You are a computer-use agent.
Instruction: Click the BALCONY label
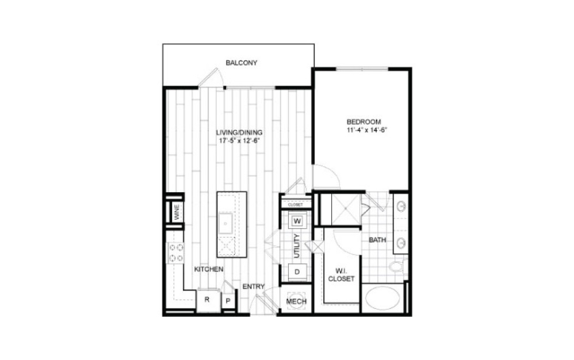tap(241, 63)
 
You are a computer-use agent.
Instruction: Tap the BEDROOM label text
tap(363, 122)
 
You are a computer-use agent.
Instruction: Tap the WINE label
tap(177, 212)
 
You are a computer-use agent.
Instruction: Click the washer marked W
tap(298, 220)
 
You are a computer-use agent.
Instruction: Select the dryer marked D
tap(298, 271)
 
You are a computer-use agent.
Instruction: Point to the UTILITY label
tap(297, 246)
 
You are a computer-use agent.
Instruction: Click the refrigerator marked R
tap(206, 300)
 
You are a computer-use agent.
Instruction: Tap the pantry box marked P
tap(228, 300)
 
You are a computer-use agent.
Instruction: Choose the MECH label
tap(296, 302)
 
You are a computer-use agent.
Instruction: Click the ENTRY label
tap(252, 286)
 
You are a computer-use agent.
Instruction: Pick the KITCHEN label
tap(208, 269)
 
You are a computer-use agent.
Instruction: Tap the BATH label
tap(377, 240)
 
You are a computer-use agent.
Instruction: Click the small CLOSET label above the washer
tap(295, 204)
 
